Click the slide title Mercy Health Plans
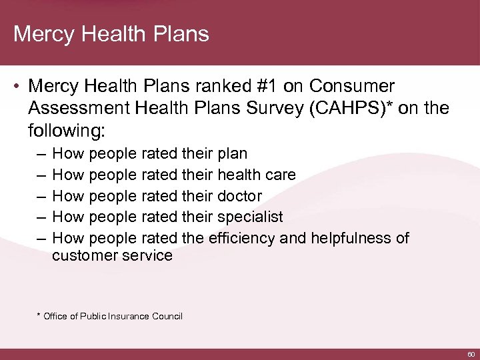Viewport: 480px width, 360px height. [111, 34]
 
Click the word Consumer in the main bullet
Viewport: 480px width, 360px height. [353, 87]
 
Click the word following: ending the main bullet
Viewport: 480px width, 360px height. [67, 128]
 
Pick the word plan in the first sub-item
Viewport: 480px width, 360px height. [232, 154]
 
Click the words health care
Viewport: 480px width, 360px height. [256, 175]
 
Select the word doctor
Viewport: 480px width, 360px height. [239, 197]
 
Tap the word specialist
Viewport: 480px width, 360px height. [250, 217]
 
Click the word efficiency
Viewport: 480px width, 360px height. [241, 238]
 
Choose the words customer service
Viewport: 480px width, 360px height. [112, 255]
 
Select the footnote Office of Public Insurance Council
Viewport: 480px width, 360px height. [113, 316]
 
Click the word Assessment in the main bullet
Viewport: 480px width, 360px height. [75, 107]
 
